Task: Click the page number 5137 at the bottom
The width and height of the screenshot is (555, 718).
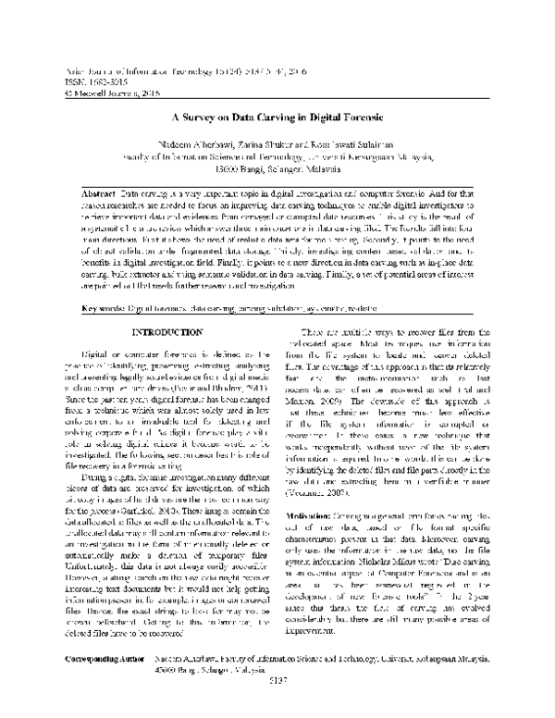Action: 277,704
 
